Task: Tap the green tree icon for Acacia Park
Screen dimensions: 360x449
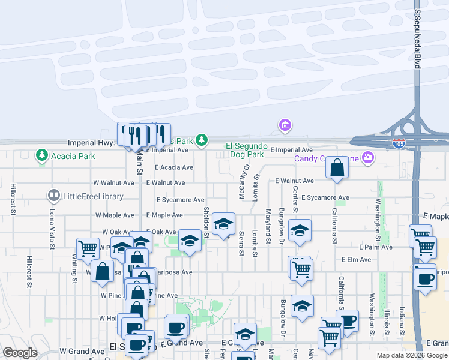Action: tap(41, 156)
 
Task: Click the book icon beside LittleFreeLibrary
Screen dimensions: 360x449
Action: tap(53, 196)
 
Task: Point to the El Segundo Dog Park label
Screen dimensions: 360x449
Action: tap(245, 150)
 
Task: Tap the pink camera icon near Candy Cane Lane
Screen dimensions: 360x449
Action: tap(368, 158)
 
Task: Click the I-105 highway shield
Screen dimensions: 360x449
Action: tap(399, 144)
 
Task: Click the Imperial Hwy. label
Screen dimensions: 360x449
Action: tap(91, 143)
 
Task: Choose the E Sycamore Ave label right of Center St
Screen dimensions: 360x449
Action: tap(325, 197)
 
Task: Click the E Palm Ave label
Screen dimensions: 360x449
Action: tap(375, 247)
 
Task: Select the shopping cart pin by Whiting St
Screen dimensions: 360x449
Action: tap(88, 248)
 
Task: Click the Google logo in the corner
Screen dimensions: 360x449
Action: tap(20, 353)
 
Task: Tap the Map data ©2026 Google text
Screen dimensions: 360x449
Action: tap(412, 355)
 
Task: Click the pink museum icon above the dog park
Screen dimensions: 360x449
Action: tap(285, 125)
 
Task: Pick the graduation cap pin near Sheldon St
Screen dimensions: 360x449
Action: tap(223, 224)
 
